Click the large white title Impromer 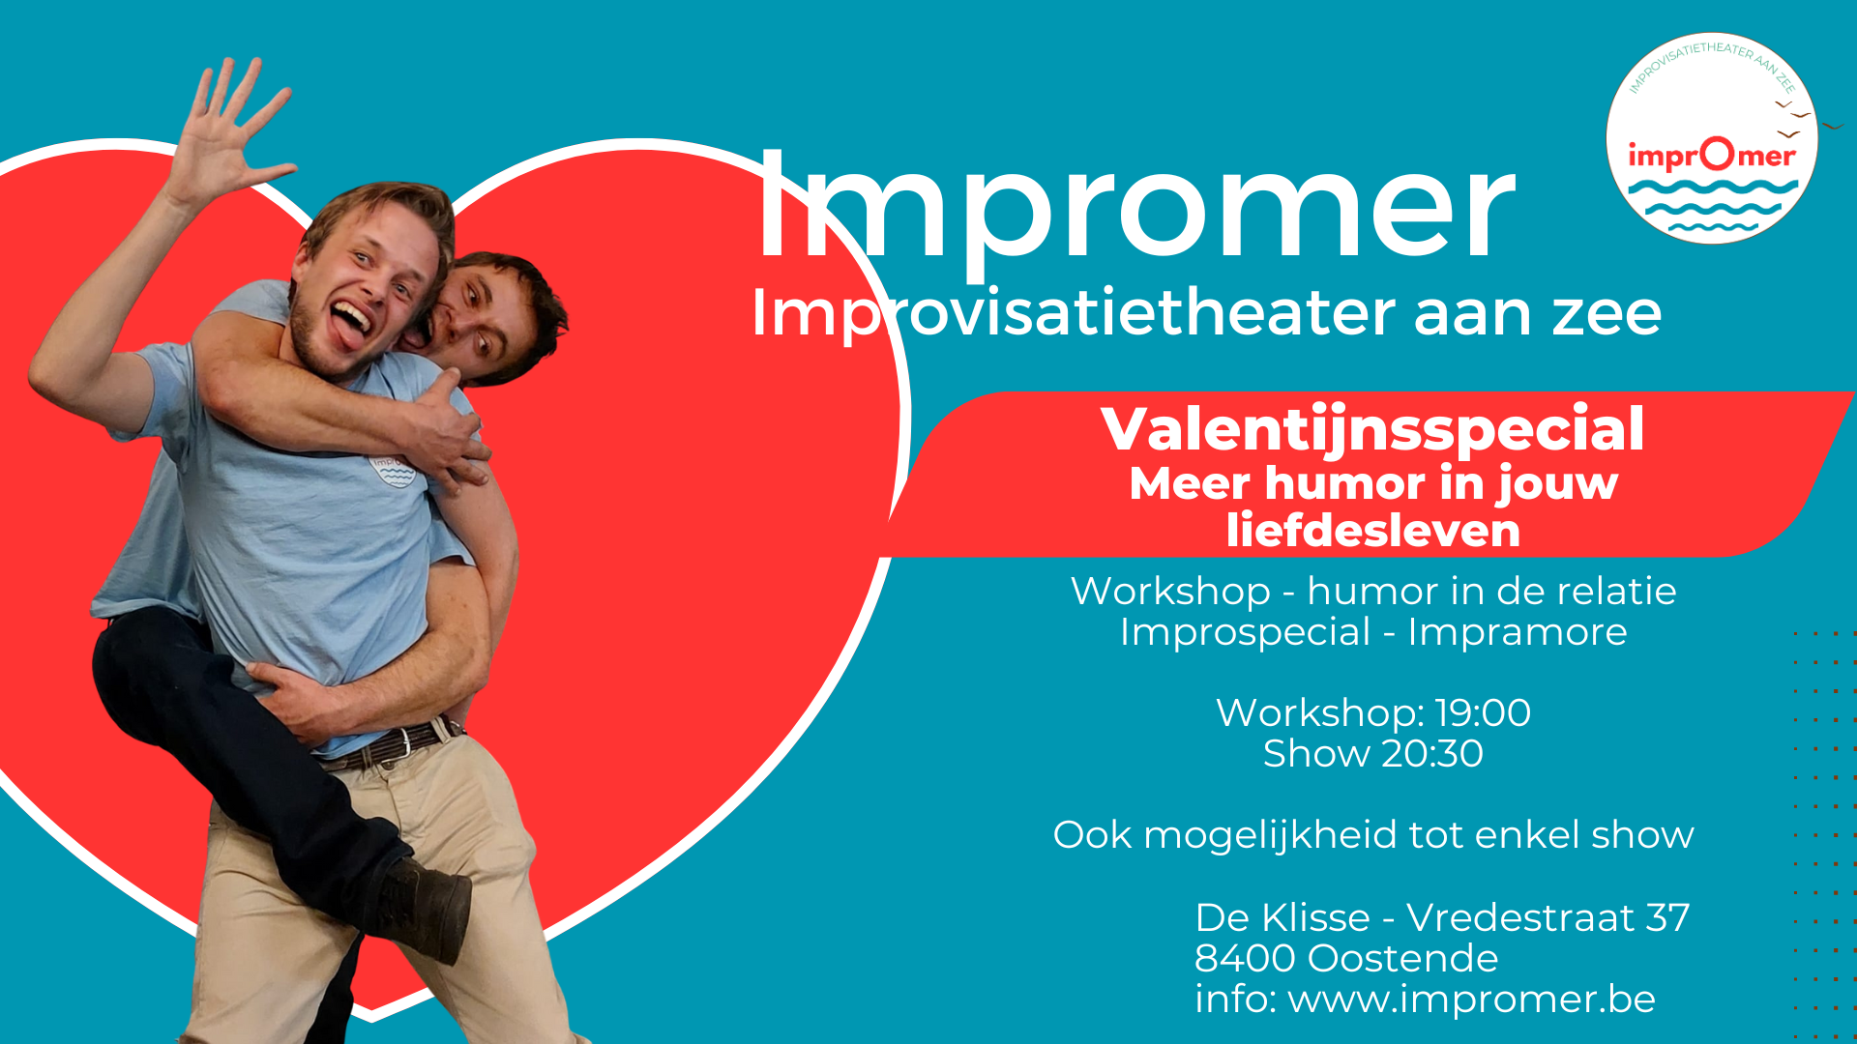pyautogui.click(x=1136, y=208)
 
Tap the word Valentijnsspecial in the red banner pyautogui.click(x=1372, y=429)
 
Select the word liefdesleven pyautogui.click(x=1372, y=531)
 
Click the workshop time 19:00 pyautogui.click(x=1483, y=713)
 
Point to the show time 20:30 pyautogui.click(x=1431, y=754)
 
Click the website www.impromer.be pyautogui.click(x=1471, y=1000)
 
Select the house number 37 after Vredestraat pyautogui.click(x=1667, y=917)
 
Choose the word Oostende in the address pyautogui.click(x=1402, y=959)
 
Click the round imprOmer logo pyautogui.click(x=1711, y=138)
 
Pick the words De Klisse pyautogui.click(x=1282, y=917)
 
